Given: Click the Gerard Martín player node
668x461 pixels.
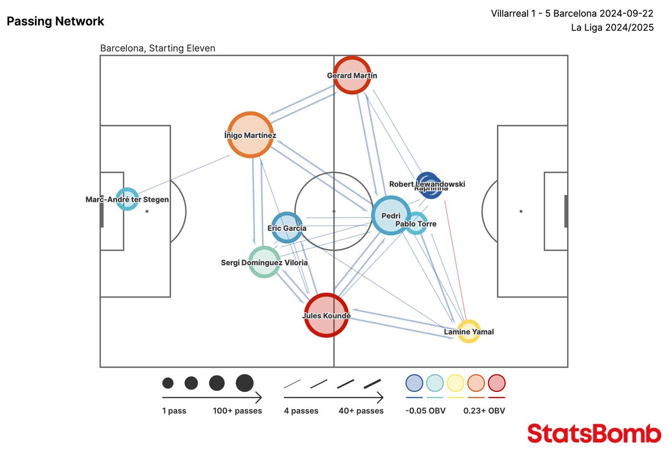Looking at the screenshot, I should coord(352,75).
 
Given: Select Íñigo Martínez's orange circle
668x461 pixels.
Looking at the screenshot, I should coord(250,135).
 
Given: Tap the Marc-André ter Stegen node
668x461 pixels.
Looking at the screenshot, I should coord(127,199).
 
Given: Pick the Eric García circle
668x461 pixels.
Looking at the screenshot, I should coord(287,227).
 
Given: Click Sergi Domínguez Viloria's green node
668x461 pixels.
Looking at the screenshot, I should coord(264,262).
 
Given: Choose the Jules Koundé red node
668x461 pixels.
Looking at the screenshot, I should coord(326,316).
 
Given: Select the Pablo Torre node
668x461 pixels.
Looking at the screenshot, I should coord(416,223).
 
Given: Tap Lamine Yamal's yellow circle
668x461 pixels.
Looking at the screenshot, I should coord(469,331).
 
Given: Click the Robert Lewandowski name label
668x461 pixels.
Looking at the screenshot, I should coord(427,184).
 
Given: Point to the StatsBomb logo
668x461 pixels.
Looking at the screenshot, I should coord(594,433).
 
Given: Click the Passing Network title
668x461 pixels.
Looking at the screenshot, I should coord(55,22).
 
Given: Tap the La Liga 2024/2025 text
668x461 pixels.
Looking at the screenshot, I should coord(612,27).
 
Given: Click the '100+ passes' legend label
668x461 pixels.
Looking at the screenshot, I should coord(237,411).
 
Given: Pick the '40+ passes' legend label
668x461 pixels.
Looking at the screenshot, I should coord(361,411).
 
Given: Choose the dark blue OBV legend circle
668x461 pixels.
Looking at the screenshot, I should coord(414,383).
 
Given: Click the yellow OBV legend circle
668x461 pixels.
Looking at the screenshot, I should coord(455,383).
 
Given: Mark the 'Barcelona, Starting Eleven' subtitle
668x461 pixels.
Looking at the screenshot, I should coord(158,48).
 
